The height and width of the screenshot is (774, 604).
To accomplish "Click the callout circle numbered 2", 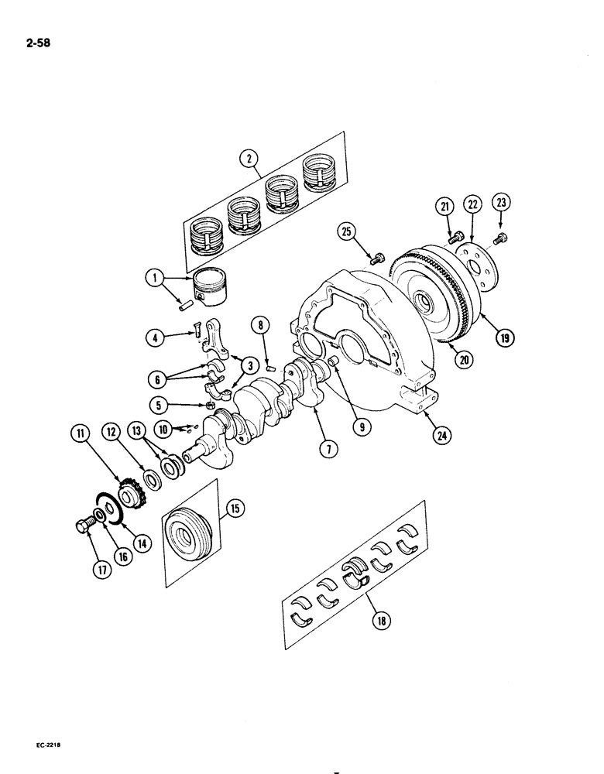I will (249, 160).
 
